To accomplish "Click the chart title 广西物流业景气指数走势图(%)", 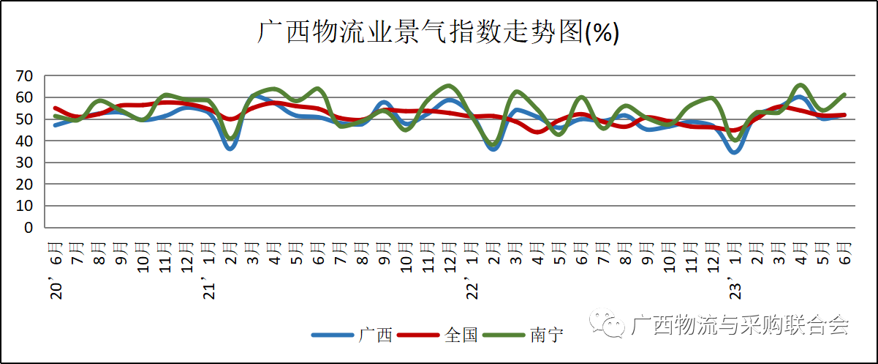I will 439,32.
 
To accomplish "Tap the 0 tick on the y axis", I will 29,228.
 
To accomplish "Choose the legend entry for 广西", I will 376,335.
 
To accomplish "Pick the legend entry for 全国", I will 461,335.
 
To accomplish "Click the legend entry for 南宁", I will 547,335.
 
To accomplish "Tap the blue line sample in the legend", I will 333,335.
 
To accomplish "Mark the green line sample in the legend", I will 504,335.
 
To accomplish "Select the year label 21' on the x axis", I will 210,288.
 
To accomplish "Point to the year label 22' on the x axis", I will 473,288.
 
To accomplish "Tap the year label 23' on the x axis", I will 736,288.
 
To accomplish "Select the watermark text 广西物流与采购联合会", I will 739,324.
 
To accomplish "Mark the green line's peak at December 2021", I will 450,86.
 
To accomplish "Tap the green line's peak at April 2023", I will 801,86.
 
